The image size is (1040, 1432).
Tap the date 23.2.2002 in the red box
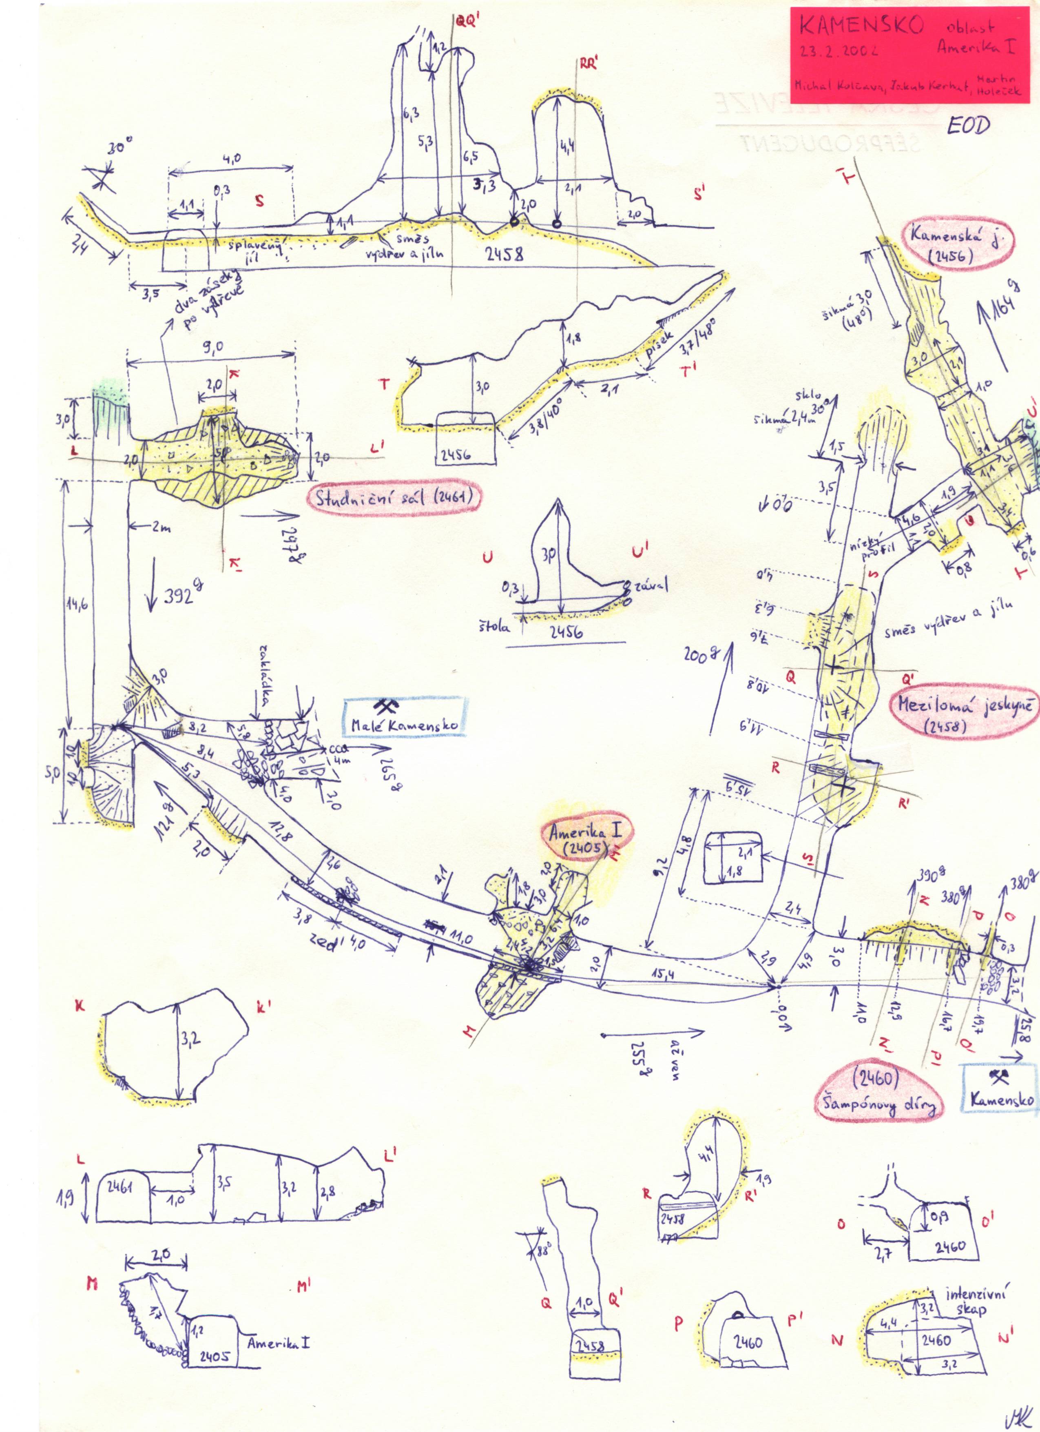coord(839,51)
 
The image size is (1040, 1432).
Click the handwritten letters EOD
coord(967,126)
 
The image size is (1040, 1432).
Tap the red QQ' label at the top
coord(468,20)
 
